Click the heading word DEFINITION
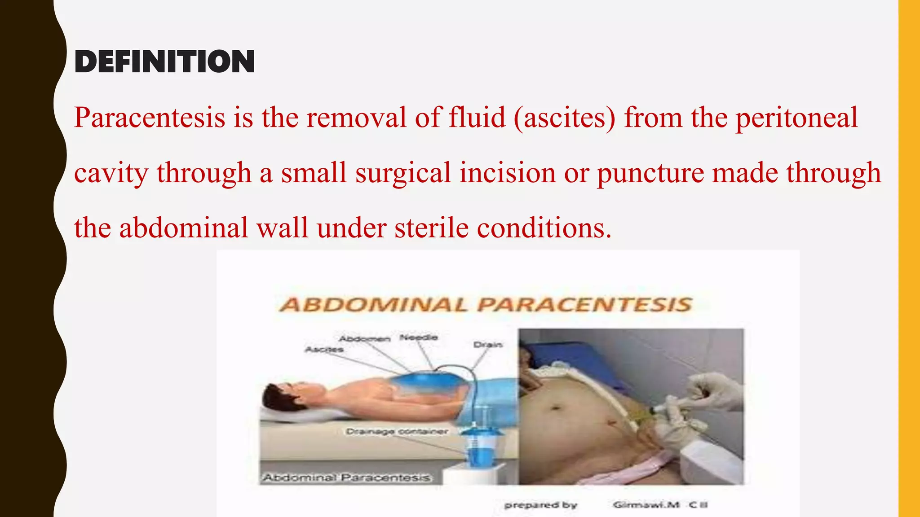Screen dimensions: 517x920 tap(164, 61)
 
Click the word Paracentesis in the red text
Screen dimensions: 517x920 tap(150, 118)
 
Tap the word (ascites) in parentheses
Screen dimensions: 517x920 tap(564, 118)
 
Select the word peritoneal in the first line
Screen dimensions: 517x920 tap(796, 118)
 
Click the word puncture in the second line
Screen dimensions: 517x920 tap(650, 173)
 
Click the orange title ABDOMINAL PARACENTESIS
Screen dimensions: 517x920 tap(486, 305)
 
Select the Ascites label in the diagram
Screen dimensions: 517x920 tap(324, 349)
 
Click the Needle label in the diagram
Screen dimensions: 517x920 tap(419, 337)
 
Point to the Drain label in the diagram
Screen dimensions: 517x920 tap(488, 345)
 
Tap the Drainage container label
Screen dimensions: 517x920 tap(397, 431)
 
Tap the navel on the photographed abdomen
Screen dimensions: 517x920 tap(555, 408)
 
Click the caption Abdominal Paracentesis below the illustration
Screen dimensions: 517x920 tap(346, 478)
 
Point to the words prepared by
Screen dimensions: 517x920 tap(541, 505)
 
